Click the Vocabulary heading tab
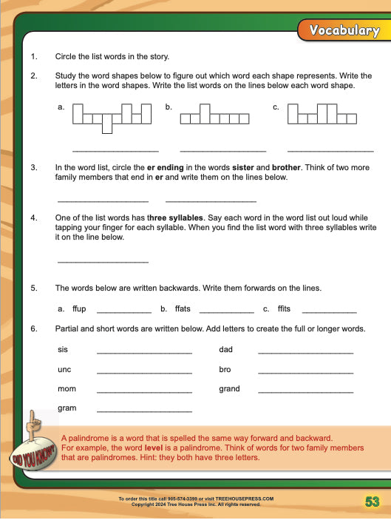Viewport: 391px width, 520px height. [344, 30]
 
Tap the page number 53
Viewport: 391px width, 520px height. [372, 502]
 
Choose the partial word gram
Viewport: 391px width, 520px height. [67, 408]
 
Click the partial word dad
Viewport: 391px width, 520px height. [225, 349]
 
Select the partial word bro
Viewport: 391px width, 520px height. [225, 369]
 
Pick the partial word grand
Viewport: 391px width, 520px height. [230, 389]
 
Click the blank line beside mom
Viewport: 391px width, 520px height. [144, 391]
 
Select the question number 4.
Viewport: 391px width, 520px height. [34, 218]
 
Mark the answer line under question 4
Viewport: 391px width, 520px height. [103, 262]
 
